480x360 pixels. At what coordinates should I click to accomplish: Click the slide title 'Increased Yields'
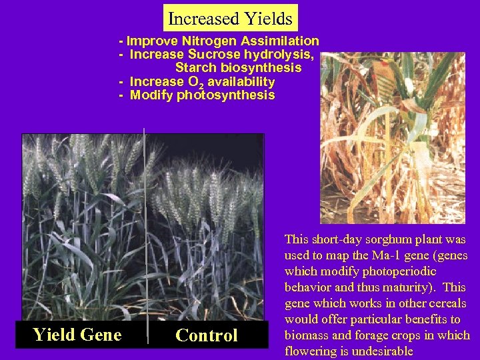230,18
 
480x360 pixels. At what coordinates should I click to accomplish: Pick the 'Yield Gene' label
77,335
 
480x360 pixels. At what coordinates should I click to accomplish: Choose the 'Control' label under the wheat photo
206,335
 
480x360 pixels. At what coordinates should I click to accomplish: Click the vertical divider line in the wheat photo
145,233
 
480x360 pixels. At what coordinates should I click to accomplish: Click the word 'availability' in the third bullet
241,81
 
